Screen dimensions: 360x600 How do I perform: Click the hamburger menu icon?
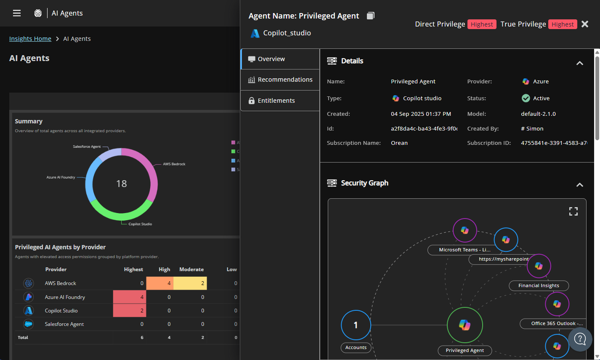[x=17, y=13]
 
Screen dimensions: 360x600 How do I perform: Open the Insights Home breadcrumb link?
[x=30, y=39]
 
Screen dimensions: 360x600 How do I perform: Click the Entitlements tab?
[x=276, y=101]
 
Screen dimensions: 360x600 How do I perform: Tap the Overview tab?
[x=271, y=59]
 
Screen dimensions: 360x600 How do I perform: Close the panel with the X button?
[x=585, y=24]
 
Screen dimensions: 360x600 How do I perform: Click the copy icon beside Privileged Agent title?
[x=370, y=16]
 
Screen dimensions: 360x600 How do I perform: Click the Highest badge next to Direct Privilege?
[x=482, y=24]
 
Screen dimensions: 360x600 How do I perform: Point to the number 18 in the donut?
[x=122, y=184]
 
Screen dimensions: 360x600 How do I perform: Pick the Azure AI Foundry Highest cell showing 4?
[x=130, y=297]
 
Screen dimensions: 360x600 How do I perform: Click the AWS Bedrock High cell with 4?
[x=160, y=283]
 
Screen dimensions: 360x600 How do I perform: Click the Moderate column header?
[x=191, y=269]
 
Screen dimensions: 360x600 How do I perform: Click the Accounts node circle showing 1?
[x=356, y=325]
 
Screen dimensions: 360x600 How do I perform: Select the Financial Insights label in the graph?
[x=539, y=285]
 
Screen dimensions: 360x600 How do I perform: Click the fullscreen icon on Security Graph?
[x=573, y=211]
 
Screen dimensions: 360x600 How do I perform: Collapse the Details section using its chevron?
[x=580, y=63]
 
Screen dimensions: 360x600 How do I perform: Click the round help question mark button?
[x=580, y=339]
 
